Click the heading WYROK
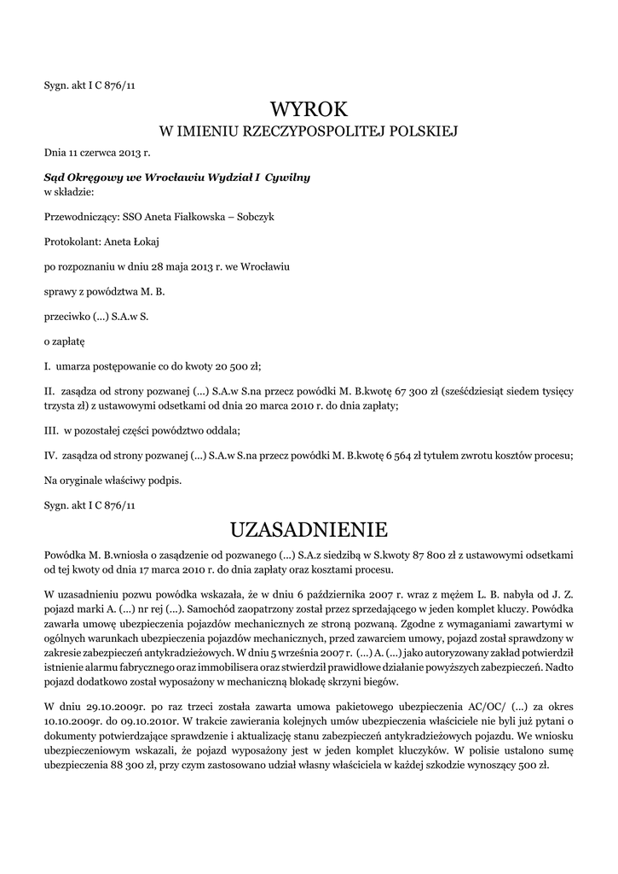coord(309,109)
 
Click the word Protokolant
coord(70,242)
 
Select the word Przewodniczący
coord(82,217)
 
